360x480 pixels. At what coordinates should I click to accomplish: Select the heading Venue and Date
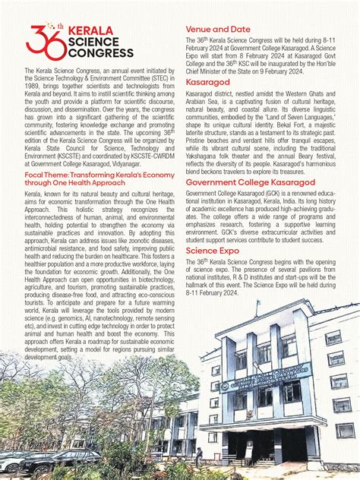coord(219,30)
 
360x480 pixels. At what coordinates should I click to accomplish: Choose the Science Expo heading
coord(213,249)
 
